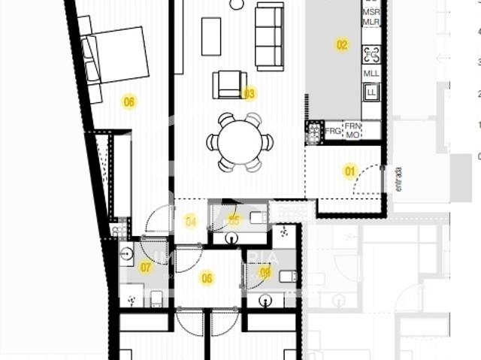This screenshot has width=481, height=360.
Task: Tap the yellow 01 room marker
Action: [x=349, y=171]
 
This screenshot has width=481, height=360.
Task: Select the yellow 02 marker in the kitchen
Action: [x=342, y=45]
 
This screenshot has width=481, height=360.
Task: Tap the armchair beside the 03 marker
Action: [x=229, y=84]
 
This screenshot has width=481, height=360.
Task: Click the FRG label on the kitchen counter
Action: [x=334, y=131]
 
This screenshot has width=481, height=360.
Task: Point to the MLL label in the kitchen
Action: [x=371, y=74]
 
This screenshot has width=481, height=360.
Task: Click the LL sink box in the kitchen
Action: [x=371, y=92]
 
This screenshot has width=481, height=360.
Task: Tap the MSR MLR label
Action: [x=371, y=17]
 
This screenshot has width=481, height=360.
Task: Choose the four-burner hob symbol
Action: [x=371, y=54]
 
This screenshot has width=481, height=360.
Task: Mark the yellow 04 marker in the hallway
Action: [x=191, y=222]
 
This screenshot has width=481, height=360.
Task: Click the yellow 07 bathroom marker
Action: [x=146, y=267]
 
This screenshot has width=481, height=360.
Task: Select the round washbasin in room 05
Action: [x=230, y=239]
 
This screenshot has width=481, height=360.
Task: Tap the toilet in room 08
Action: [x=287, y=276]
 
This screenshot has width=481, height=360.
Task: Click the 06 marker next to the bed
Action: [x=129, y=101]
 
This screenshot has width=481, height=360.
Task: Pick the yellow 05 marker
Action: [x=234, y=220]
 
